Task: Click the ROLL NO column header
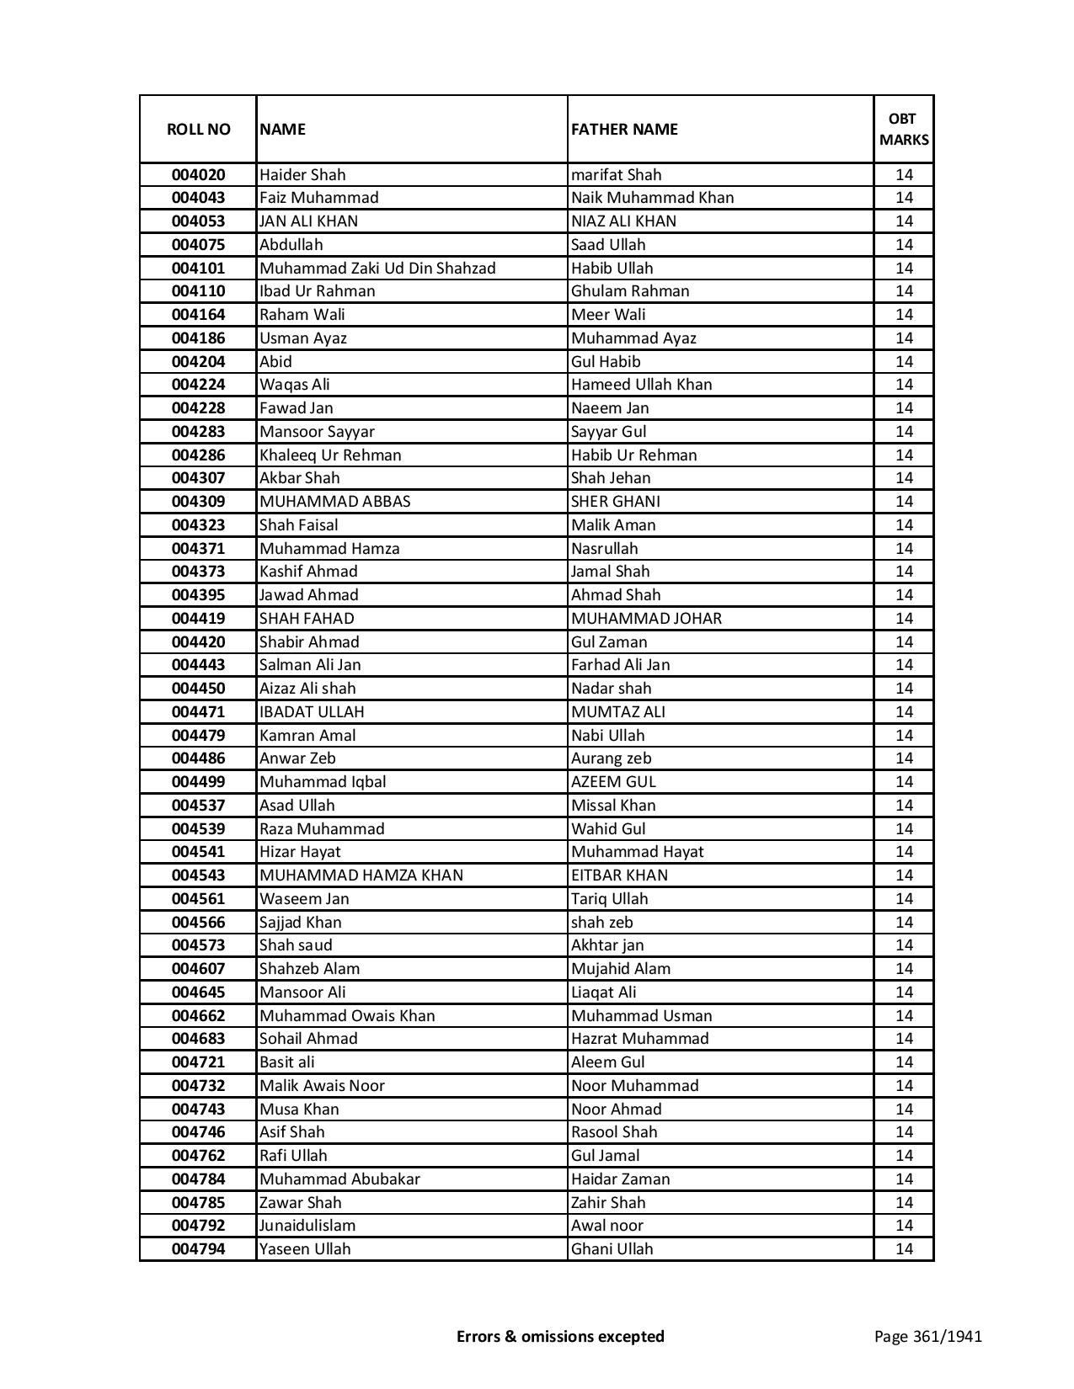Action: (x=198, y=129)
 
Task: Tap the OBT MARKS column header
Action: (x=904, y=129)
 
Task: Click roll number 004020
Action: (x=198, y=175)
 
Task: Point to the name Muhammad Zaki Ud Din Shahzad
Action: (x=377, y=269)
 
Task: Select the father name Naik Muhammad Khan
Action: (x=652, y=198)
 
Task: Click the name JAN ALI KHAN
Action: (x=308, y=221)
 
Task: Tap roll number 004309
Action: (x=198, y=502)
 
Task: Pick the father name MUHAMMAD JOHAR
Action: (x=646, y=619)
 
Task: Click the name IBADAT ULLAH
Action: (x=312, y=712)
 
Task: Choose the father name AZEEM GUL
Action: (x=613, y=782)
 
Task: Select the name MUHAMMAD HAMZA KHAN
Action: (x=361, y=875)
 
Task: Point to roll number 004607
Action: (x=198, y=969)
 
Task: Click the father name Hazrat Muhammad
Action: (x=640, y=1039)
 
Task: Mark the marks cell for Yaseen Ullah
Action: (x=904, y=1249)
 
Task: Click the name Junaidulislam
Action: (x=307, y=1226)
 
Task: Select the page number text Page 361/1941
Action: (x=928, y=1336)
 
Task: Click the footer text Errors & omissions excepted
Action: (x=560, y=1336)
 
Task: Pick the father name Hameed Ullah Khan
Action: (x=642, y=385)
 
